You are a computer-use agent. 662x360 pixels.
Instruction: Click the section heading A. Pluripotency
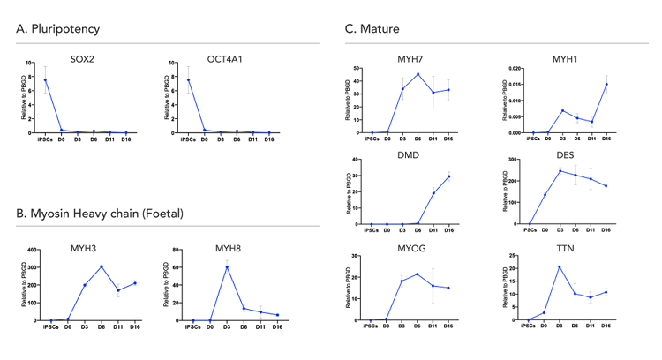point(57,29)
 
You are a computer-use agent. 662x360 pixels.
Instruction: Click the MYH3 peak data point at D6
point(102,266)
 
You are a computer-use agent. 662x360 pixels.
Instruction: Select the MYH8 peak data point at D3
point(227,266)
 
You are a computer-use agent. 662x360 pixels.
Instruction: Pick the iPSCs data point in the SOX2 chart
point(45,80)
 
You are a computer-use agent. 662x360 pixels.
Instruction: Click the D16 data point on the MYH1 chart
point(606,85)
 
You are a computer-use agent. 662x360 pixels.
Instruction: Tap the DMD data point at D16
point(448,176)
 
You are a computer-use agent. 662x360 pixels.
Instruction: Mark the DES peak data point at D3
point(560,171)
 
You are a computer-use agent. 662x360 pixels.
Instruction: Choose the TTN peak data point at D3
point(560,266)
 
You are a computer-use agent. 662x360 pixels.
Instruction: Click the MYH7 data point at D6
point(418,74)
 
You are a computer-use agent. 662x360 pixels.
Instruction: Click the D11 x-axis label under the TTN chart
point(591,326)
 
